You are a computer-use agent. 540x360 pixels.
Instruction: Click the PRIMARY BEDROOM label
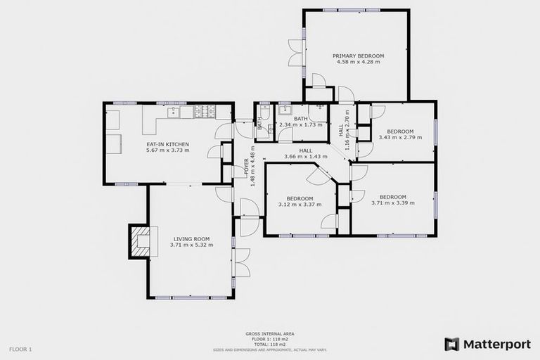point(358,56)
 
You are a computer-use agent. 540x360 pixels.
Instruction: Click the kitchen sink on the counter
point(172,111)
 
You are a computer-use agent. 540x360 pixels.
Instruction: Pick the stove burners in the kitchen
point(203,111)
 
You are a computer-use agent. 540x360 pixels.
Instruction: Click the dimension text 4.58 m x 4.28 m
point(358,62)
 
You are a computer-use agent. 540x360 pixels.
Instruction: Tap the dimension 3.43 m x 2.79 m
point(400,137)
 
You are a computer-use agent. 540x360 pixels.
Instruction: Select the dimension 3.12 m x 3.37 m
point(300,205)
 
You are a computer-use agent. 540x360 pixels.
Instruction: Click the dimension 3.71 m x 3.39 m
point(392,203)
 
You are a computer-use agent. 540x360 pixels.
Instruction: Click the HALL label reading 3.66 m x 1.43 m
point(305,156)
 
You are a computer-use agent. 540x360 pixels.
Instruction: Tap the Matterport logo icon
point(451,344)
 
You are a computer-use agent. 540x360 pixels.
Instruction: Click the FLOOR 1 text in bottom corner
point(20,349)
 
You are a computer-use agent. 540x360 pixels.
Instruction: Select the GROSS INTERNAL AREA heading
point(269,334)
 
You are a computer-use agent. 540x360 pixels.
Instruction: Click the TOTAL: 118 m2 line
point(269,344)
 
